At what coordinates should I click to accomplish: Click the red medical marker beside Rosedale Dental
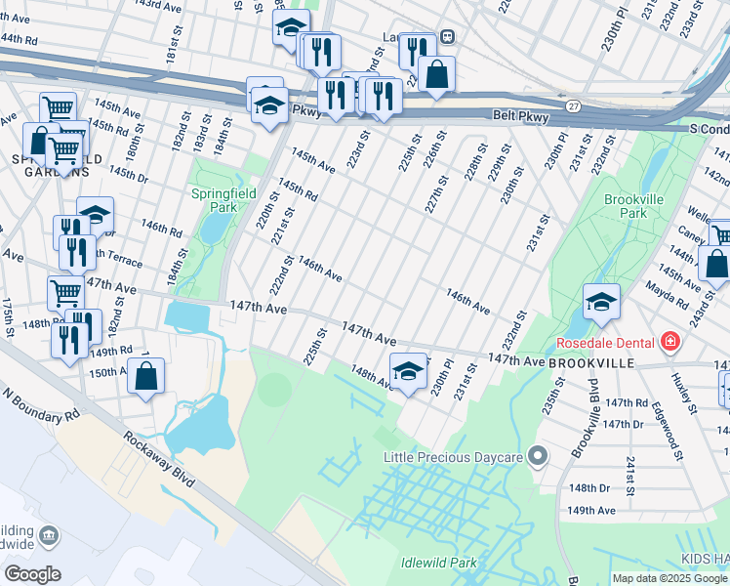tap(669, 343)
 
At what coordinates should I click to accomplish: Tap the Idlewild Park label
tap(438, 563)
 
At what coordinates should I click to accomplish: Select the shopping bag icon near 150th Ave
tap(145, 376)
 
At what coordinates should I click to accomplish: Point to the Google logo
tap(32, 573)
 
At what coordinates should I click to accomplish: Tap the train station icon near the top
tap(447, 37)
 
